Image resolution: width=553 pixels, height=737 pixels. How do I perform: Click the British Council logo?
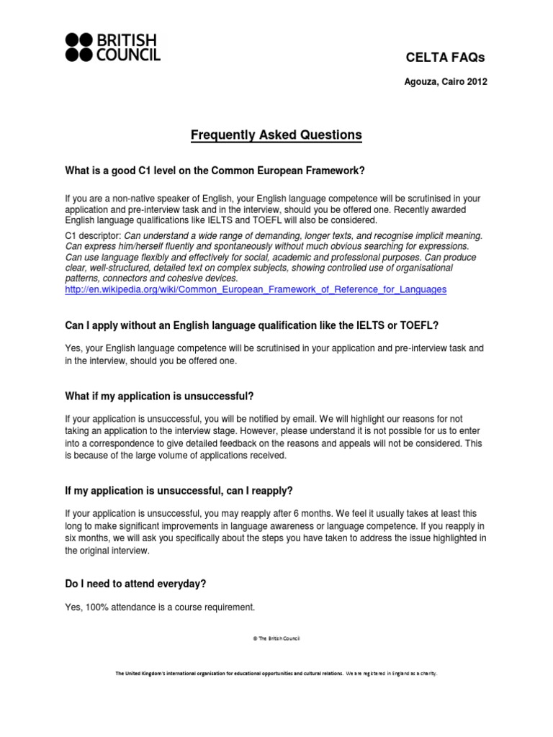[x=113, y=47]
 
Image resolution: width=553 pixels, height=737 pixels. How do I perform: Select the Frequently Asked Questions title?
[x=276, y=135]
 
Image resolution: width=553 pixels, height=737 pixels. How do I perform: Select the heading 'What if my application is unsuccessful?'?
[x=159, y=397]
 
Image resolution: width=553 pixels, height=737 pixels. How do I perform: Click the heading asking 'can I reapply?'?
[x=179, y=491]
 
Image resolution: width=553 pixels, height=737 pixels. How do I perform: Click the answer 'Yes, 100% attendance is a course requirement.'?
[x=160, y=607]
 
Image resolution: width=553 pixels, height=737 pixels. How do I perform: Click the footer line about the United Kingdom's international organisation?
[x=276, y=674]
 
